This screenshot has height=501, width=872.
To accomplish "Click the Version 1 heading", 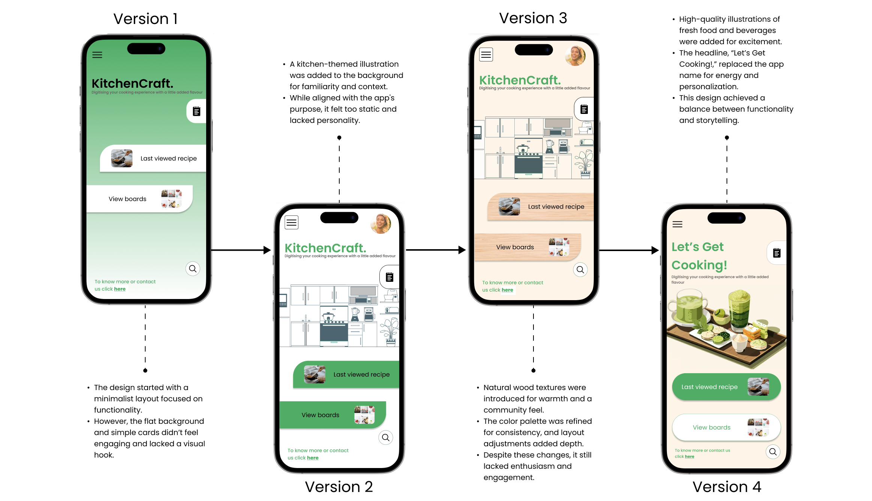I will pos(145,19).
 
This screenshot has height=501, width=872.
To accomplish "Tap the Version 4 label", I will pos(727,487).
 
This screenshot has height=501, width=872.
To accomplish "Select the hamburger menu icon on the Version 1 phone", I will pos(97,55).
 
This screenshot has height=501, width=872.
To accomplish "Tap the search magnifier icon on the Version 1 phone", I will pos(193,269).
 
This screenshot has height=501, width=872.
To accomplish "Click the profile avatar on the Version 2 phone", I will pos(381,224).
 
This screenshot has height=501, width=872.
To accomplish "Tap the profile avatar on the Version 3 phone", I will pos(575,56).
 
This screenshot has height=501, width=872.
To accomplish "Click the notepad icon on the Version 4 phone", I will pos(777,253).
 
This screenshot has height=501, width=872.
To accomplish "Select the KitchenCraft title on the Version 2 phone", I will pos(325,248).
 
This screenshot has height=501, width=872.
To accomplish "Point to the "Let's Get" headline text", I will pos(697,247).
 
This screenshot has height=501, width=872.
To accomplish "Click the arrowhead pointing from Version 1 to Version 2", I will pos(267,250).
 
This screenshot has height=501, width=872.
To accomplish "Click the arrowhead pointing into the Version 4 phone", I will pos(655,250).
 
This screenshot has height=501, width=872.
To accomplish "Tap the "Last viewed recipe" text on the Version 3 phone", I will pos(556,206).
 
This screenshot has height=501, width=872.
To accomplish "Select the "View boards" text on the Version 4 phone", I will pos(712,427).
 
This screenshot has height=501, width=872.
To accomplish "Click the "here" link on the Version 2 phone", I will pos(313,458).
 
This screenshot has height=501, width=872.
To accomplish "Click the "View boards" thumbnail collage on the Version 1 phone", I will pos(171,199).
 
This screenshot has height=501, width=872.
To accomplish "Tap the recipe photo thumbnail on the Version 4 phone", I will pos(758,387).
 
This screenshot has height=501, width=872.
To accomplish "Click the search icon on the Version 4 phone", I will pos(773,452).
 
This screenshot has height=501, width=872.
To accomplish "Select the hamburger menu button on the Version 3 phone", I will pos(486,55).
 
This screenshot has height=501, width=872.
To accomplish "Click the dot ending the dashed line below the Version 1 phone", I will pos(145,371).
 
